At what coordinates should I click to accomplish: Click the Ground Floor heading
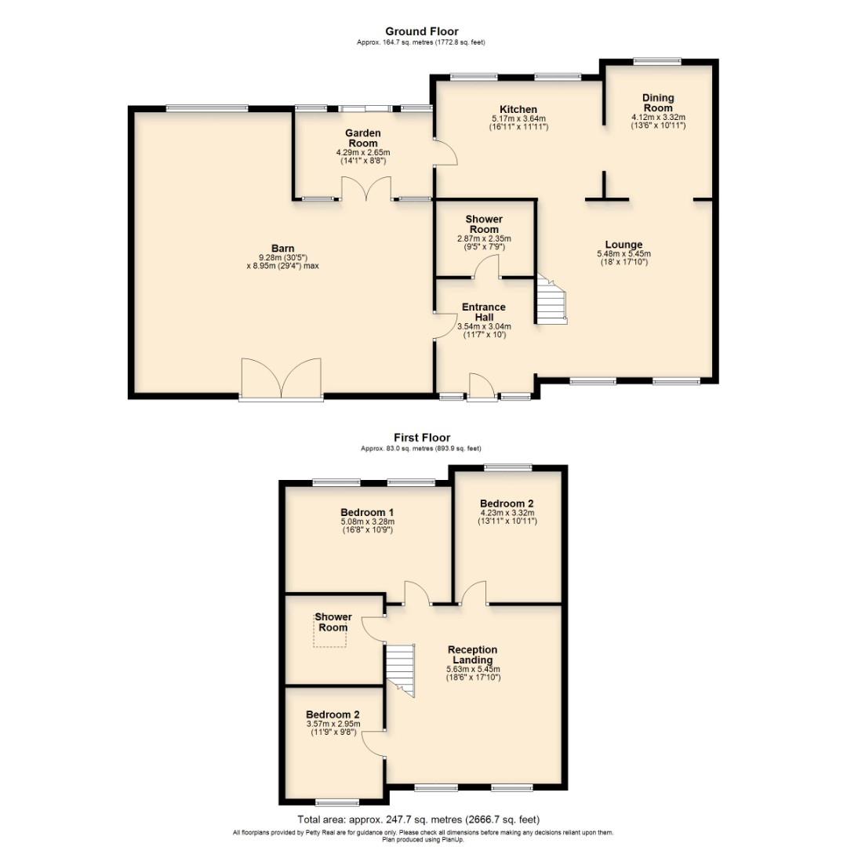[421, 31]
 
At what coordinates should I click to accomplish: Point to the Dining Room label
[658, 103]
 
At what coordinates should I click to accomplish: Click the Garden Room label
[363, 138]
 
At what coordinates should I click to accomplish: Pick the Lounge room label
[623, 245]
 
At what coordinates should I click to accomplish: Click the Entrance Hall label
[484, 311]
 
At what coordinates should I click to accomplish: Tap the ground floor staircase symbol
[551, 299]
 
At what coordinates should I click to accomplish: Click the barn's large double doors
[282, 379]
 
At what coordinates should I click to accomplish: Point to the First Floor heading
[422, 438]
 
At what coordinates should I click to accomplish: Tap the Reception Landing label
[472, 654]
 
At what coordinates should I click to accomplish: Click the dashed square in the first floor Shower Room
[330, 636]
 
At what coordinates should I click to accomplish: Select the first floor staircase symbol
[402, 667]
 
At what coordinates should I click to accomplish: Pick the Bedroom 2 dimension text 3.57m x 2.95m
[333, 724]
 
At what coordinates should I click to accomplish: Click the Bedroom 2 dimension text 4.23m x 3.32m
[507, 514]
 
